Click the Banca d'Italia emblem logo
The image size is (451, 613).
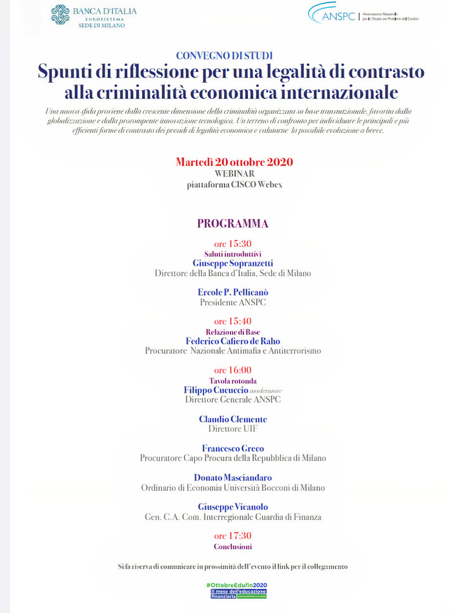point(60,14)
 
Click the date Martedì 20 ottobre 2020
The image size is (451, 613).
point(234,162)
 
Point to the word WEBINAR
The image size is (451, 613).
point(234,173)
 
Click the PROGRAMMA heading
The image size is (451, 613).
point(232,223)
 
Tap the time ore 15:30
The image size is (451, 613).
point(233,244)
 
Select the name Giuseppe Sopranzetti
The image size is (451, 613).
point(233,263)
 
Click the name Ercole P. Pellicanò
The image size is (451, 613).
point(233,292)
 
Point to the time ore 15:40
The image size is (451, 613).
point(233,321)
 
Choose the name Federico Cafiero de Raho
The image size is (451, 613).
point(233,341)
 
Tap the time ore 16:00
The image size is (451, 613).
point(233,370)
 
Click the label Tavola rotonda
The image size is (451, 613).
point(233,380)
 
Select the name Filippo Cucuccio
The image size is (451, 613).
point(215,390)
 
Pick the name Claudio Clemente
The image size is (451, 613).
point(233,419)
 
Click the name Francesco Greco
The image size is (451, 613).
point(233,448)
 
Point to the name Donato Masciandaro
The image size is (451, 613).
point(233,477)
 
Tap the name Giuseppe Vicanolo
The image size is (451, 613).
point(233,506)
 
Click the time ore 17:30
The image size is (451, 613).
point(233,536)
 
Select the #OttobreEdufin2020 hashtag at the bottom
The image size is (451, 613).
point(237,584)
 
